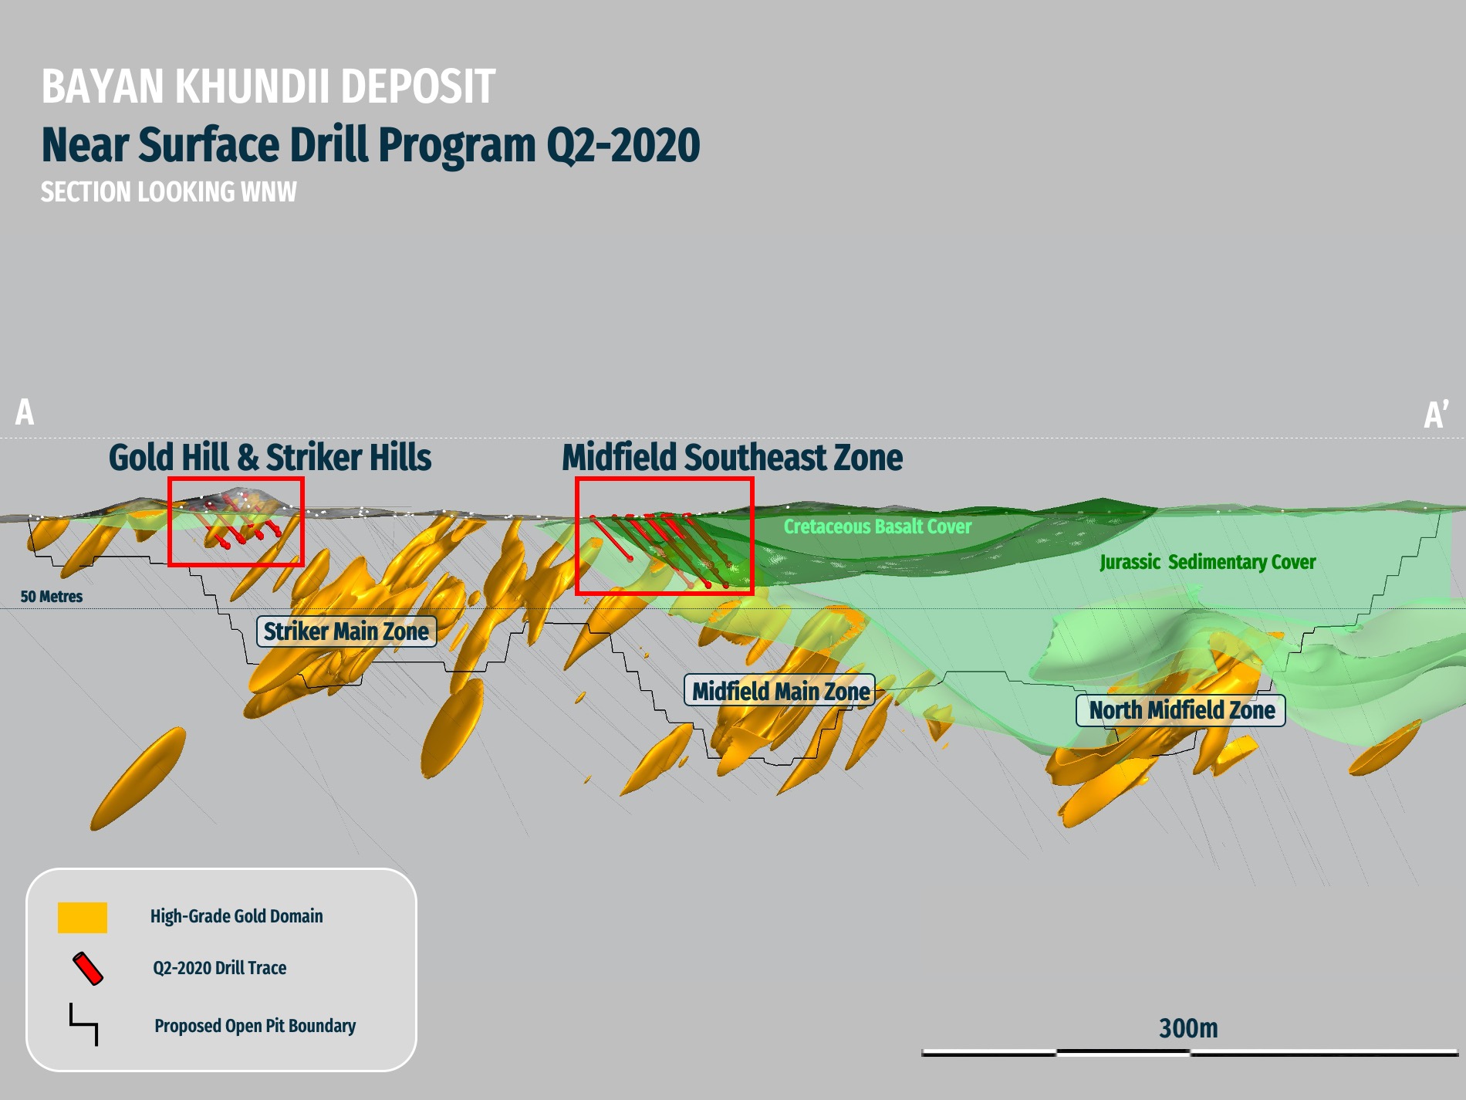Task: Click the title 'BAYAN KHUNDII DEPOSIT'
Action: coord(268,86)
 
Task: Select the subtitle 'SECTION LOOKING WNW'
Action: coord(168,192)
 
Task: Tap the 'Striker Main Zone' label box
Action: coord(346,631)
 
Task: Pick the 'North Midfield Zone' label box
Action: coord(1181,710)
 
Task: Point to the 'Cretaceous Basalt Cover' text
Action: coord(877,526)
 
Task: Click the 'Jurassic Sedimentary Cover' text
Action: coord(1208,562)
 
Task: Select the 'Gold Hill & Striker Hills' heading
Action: coord(269,457)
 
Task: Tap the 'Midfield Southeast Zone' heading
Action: coord(731,457)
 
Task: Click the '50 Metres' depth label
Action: coord(51,597)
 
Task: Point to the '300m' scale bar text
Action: coord(1188,1028)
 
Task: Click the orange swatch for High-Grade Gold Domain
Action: coord(83,917)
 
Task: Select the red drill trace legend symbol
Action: coord(87,969)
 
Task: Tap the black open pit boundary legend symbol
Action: coord(84,1024)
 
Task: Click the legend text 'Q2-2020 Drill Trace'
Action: coord(219,968)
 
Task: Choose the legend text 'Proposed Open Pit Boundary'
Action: coord(255,1026)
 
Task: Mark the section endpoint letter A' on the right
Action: coord(1435,415)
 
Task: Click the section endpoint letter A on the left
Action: coord(25,412)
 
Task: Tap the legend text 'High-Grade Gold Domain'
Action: coord(236,916)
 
